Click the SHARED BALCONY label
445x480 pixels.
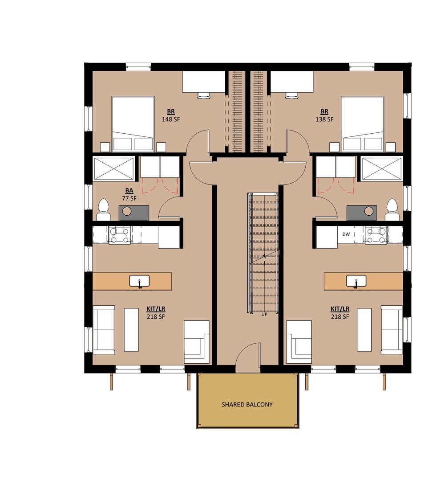[247, 404]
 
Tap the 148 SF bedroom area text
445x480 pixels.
[171, 119]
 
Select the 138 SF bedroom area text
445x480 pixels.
[324, 119]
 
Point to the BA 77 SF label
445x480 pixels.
[129, 194]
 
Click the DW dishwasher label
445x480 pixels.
[346, 234]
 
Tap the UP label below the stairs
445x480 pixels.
[264, 314]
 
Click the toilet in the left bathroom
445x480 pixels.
[104, 210]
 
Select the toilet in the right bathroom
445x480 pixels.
[392, 210]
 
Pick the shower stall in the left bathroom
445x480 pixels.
[113, 168]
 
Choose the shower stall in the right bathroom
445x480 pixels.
[382, 168]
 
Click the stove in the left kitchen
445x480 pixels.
[120, 235]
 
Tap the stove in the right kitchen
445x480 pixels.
[376, 235]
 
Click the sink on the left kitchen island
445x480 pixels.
[139, 281]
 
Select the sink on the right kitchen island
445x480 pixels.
[356, 281]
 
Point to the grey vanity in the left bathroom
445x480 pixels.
[134, 213]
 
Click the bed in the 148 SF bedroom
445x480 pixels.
[133, 124]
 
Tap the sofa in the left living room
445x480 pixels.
[104, 330]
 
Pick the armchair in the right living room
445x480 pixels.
[299, 342]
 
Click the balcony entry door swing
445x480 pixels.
[248, 357]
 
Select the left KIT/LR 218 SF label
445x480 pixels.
[156, 313]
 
